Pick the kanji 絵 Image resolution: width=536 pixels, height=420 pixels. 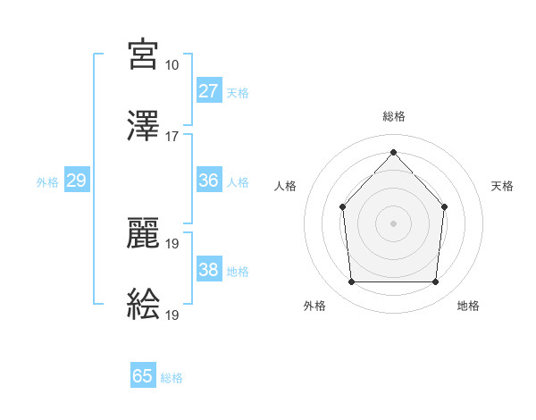144,305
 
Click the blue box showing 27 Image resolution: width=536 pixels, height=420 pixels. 208,91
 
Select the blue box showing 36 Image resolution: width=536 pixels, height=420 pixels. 208,181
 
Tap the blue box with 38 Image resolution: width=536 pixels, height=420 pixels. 208,270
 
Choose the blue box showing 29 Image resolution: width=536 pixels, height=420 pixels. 76,181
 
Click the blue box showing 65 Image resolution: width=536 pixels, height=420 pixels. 143,376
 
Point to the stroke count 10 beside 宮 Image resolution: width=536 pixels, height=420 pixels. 172,65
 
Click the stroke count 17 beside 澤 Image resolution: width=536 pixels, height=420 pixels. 172,137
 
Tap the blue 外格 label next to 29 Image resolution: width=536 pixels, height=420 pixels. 47,181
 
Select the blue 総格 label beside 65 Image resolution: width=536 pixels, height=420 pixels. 172,378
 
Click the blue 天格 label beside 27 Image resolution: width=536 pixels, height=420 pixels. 237,92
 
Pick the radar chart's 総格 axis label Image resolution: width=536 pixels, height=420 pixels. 393,116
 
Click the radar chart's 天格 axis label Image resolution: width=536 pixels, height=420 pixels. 503,186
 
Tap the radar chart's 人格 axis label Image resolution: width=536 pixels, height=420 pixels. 285,186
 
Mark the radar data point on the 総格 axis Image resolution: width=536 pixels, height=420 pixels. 393,152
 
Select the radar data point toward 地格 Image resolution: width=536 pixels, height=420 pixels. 435,282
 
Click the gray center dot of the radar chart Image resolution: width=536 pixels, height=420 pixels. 393,223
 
